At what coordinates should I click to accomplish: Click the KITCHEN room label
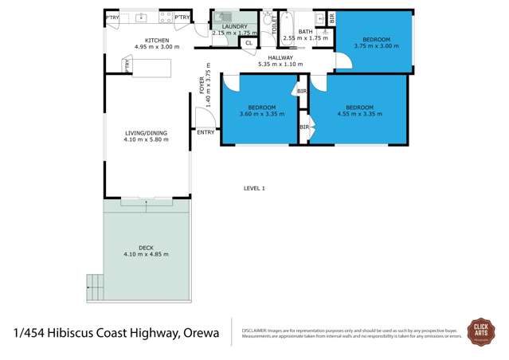156,41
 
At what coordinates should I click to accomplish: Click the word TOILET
273,25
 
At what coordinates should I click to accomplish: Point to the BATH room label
305,31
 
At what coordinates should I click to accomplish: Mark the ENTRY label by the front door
206,132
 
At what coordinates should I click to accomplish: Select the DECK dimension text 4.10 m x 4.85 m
146,254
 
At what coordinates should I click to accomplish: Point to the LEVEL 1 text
254,188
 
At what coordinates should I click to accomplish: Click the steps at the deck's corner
95,282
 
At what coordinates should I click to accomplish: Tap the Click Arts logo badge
480,331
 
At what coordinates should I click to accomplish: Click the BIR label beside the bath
331,18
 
